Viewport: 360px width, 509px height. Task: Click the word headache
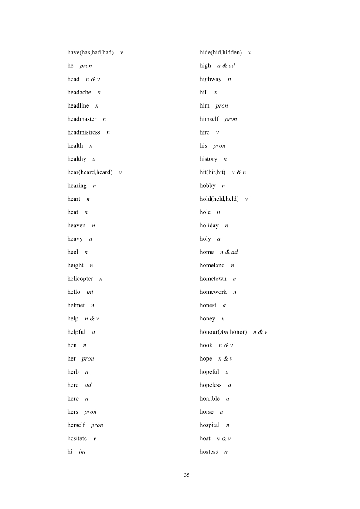point(79,92)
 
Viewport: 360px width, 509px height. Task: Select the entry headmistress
point(84,132)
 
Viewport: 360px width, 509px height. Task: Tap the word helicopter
point(80,279)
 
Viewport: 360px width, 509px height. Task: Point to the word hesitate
point(77,438)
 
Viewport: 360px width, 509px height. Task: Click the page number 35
point(187,475)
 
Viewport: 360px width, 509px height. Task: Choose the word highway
point(211,79)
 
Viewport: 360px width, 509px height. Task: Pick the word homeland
point(212,266)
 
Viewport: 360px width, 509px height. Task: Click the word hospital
point(210,425)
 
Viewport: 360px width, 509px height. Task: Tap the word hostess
point(209,452)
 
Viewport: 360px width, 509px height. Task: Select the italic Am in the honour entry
point(224,332)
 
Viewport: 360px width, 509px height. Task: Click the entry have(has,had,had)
point(91,53)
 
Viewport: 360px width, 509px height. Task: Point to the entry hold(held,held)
point(219,199)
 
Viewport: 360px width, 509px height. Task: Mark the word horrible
point(210,399)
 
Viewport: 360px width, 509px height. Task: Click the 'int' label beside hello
point(90,292)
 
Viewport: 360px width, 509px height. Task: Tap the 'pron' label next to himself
point(231,119)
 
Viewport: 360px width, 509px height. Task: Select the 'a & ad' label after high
point(226,66)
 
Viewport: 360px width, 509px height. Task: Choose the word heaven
point(76,226)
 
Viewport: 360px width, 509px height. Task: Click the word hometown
point(213,279)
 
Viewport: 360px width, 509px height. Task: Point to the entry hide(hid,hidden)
point(221,53)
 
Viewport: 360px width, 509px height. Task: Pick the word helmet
point(76,306)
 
